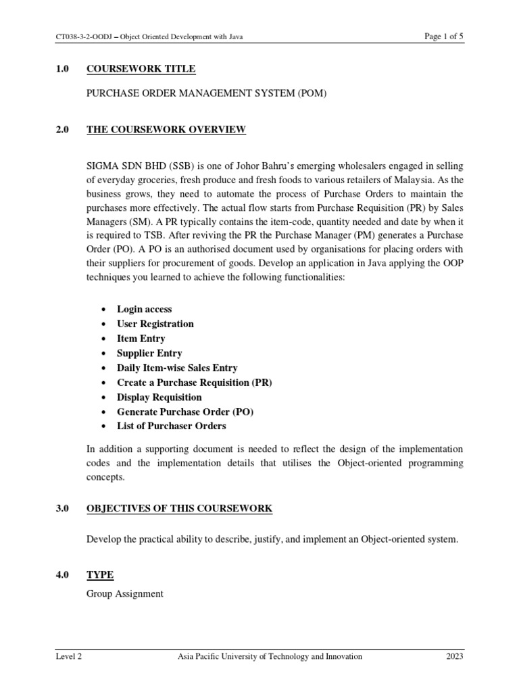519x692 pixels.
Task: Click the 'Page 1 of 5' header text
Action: (443, 36)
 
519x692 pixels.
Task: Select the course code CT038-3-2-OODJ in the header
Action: (85, 37)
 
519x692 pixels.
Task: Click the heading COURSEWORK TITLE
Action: (141, 69)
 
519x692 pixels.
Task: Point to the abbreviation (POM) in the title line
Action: (310, 93)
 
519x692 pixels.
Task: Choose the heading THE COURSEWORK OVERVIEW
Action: (166, 129)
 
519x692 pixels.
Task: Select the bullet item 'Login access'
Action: (145, 309)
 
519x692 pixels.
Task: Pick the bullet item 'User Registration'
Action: (155, 324)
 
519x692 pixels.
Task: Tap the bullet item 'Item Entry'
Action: (141, 339)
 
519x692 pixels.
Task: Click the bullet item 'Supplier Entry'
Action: (149, 353)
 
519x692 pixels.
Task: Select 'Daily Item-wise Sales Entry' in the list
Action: (177, 368)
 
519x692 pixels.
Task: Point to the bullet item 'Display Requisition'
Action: (159, 397)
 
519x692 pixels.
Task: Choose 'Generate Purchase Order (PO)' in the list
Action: (186, 412)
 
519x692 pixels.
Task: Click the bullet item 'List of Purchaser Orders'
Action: (172, 426)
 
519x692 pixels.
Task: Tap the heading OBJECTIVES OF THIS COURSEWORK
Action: (180, 508)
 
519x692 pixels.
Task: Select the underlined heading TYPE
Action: (100, 575)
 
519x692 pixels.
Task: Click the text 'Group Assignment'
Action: (125, 594)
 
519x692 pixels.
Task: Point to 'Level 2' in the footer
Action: (69, 656)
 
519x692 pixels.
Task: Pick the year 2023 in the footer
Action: (454, 656)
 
